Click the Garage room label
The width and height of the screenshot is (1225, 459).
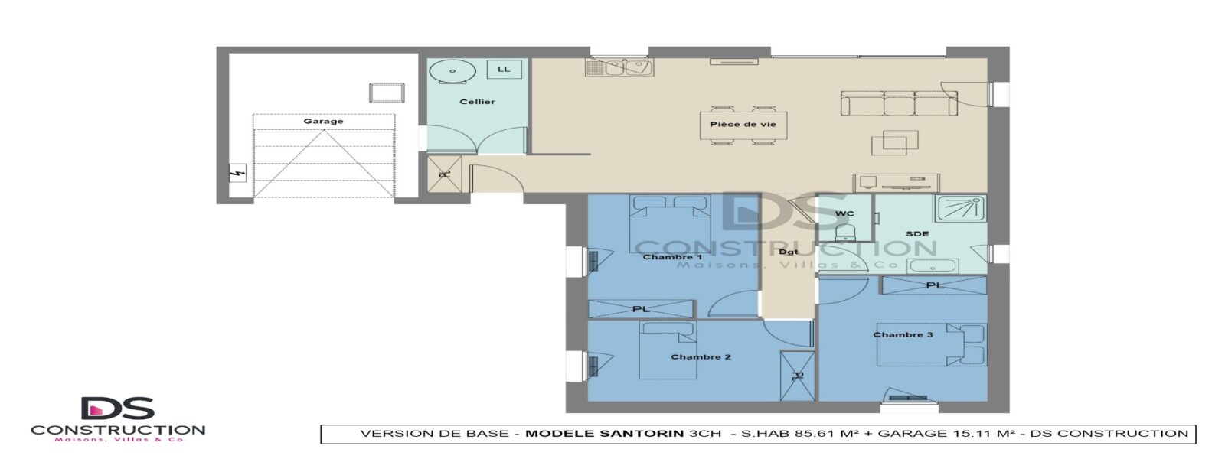323,122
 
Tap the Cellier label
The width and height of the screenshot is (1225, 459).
477,102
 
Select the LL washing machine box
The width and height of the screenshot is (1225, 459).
504,70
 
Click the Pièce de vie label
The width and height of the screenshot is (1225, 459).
743,124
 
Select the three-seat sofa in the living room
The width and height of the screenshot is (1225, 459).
899,103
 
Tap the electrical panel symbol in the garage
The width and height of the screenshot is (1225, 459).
237,173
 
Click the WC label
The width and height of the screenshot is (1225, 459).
844,213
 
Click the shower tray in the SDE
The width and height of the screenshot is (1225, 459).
960,208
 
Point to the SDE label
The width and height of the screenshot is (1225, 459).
917,234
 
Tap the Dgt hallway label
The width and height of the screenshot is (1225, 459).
788,252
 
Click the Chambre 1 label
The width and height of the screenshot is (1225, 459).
672,257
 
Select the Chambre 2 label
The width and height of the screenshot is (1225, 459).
701,356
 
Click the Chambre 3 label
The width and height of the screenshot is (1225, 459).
903,334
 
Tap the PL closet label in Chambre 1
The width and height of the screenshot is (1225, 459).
640,309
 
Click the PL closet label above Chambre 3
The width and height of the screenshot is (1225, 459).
935,285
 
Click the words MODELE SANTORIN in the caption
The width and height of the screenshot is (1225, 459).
604,434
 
